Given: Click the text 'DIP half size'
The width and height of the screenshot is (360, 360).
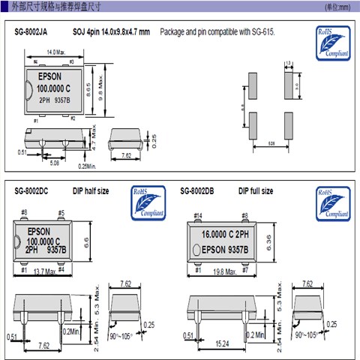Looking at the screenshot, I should tap(91, 191).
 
